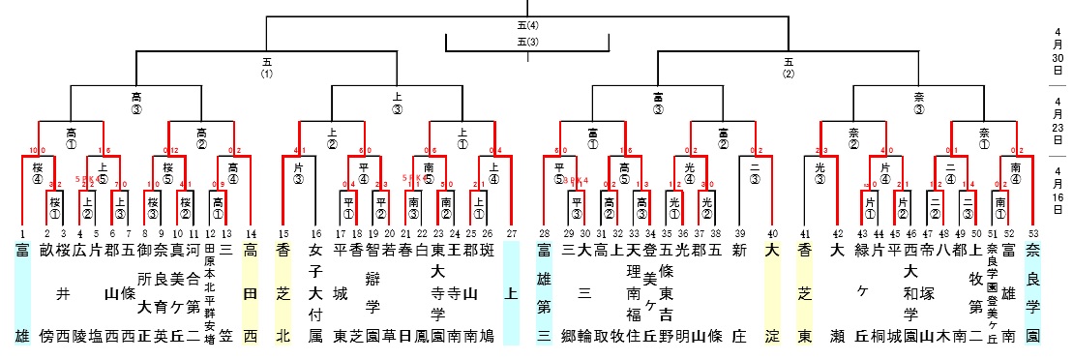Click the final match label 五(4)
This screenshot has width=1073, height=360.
point(527,25)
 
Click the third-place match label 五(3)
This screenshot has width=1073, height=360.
point(527,42)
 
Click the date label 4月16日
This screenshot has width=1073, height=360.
point(1057,188)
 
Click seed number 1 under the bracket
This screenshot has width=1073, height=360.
point(21,232)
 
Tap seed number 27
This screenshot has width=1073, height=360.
point(512,232)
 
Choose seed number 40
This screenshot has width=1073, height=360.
point(771,232)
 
